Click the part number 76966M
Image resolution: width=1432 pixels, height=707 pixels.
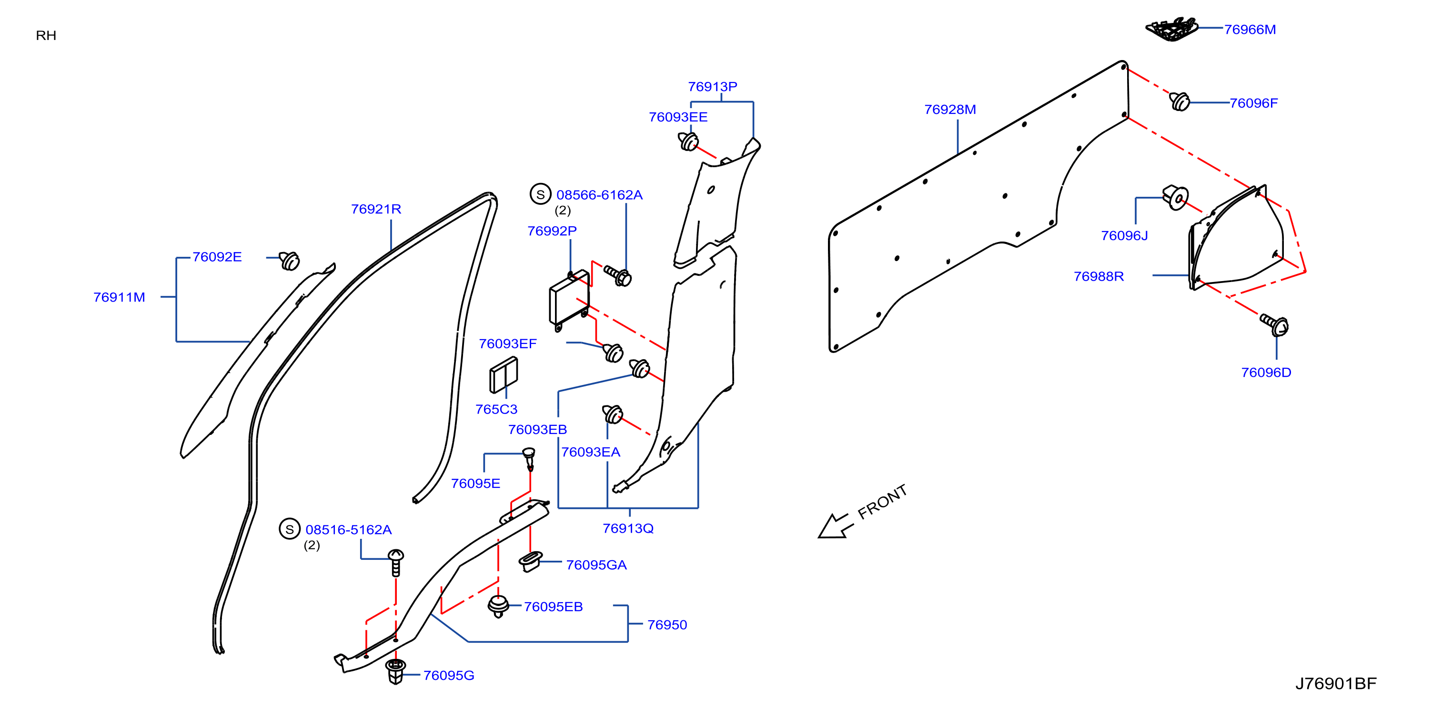click(x=1250, y=30)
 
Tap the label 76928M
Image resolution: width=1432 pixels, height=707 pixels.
click(x=950, y=110)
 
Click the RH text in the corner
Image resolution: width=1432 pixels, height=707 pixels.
click(x=46, y=36)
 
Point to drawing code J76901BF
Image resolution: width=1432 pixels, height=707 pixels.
click(x=1336, y=683)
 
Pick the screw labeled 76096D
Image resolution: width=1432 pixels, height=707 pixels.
click(x=1275, y=324)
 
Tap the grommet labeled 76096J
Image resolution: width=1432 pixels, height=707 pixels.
click(x=1175, y=197)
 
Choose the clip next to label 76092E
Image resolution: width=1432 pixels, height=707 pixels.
click(x=289, y=260)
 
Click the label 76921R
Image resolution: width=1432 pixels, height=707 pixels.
click(x=376, y=209)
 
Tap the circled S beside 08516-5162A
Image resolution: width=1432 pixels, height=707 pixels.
click(x=290, y=529)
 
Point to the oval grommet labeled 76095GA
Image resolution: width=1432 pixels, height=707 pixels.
click(x=530, y=561)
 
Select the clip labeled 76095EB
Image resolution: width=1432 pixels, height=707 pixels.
click(x=498, y=606)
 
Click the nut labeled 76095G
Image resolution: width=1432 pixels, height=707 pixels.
click(x=395, y=671)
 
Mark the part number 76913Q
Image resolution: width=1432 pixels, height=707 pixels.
click(x=628, y=529)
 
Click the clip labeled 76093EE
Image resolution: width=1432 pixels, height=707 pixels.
click(x=688, y=141)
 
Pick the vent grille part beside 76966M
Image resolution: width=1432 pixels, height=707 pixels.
click(x=1172, y=29)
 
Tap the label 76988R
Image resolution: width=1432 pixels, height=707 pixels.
click(x=1099, y=276)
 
